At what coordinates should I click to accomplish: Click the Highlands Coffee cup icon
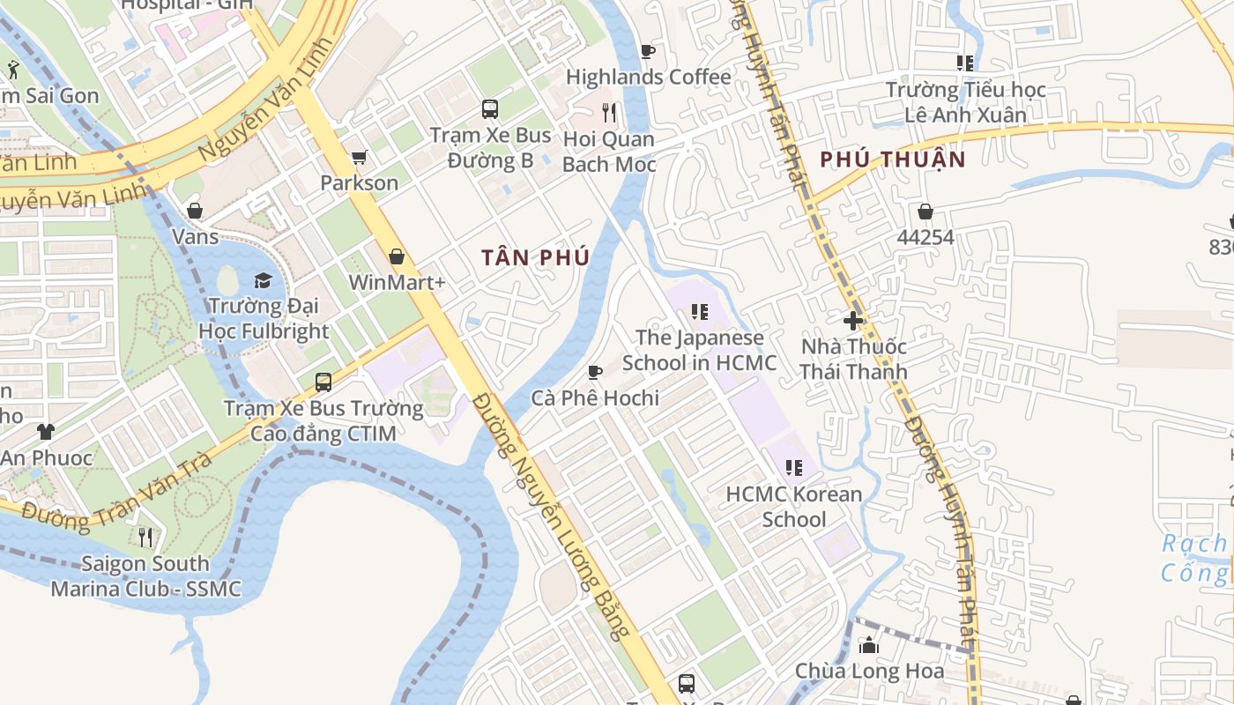point(648,52)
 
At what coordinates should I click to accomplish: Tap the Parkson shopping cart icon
point(359,158)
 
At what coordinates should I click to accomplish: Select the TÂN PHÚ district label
point(535,257)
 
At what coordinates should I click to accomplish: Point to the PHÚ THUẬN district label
point(893,160)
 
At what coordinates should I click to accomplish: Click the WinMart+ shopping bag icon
point(397,256)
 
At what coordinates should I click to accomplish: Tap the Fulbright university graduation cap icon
point(263,281)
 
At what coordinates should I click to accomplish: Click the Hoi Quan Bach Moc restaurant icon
point(608,113)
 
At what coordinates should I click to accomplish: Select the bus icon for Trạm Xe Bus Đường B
point(490,109)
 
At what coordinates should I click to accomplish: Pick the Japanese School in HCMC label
point(700,350)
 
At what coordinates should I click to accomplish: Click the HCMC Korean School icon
point(793,468)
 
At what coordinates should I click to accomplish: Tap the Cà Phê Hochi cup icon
point(595,372)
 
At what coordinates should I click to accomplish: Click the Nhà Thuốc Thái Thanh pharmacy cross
point(852,321)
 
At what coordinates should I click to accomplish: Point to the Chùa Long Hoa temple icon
point(869,645)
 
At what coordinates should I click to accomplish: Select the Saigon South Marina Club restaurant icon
point(145,537)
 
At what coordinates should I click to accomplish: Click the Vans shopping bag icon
point(195,211)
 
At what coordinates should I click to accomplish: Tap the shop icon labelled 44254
point(925,211)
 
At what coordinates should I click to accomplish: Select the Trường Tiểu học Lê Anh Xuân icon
point(965,63)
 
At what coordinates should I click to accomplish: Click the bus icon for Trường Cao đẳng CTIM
point(323,382)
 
